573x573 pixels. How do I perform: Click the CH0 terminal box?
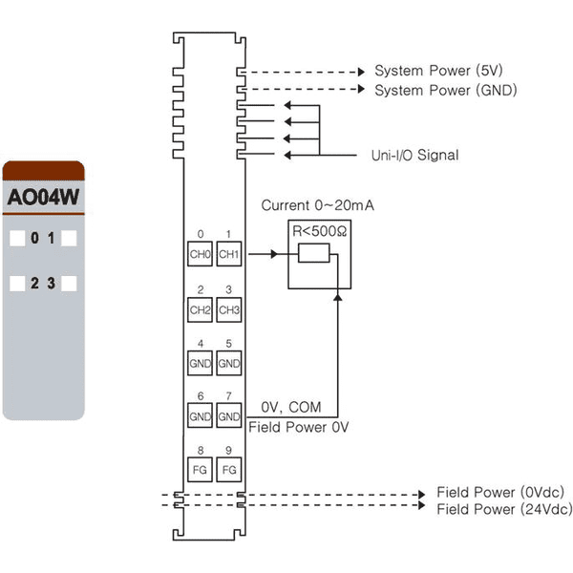pyautogui.click(x=200, y=254)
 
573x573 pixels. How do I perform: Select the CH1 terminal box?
pyautogui.click(x=229, y=254)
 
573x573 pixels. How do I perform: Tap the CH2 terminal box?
pyautogui.click(x=200, y=309)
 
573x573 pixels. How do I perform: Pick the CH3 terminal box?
pyautogui.click(x=229, y=309)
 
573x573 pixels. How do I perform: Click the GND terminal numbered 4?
pyautogui.click(x=200, y=363)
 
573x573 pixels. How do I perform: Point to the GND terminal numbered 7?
pyautogui.click(x=229, y=415)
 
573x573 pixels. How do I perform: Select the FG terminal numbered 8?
pyautogui.click(x=200, y=470)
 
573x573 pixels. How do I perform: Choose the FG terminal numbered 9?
pyautogui.click(x=229, y=470)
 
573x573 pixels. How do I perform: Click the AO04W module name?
pyautogui.click(x=43, y=198)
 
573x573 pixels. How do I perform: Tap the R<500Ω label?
pyautogui.click(x=320, y=231)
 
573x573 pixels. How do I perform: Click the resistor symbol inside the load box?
pyautogui.click(x=314, y=253)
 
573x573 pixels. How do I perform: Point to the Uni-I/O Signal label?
pyautogui.click(x=414, y=156)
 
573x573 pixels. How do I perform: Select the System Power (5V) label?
pyautogui.click(x=438, y=71)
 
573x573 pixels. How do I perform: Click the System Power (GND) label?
pyautogui.click(x=446, y=91)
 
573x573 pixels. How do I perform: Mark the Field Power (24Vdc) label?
pyautogui.click(x=504, y=509)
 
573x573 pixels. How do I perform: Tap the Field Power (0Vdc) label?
pyautogui.click(x=500, y=492)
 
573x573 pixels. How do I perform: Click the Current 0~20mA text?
pyautogui.click(x=318, y=205)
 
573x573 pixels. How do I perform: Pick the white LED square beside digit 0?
pyautogui.click(x=17, y=238)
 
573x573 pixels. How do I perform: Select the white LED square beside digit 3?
pyautogui.click(x=69, y=284)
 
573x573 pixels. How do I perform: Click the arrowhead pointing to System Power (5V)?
pyautogui.click(x=361, y=72)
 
